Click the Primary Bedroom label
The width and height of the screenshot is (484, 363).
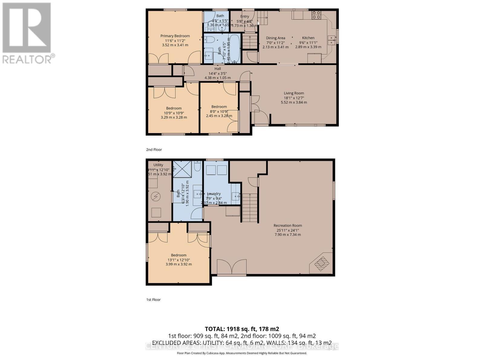pos(175,36)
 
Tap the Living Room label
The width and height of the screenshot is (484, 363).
pos(294,93)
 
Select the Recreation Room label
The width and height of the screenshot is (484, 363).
pos(288,225)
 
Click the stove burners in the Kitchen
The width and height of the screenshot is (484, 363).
pos(316,15)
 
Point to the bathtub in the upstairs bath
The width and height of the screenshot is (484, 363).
pos(234,48)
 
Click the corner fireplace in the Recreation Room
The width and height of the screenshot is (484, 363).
pos(322,263)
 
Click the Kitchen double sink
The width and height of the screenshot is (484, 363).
pos(332,40)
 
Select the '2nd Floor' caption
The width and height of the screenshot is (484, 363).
pos(154,149)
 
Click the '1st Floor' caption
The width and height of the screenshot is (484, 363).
pos(153,299)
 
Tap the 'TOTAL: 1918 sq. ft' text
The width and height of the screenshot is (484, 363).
pos(242,329)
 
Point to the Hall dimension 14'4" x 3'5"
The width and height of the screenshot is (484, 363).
pos(217,73)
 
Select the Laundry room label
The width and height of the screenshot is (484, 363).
pos(214,194)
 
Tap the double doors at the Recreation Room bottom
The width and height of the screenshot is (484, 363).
pos(232,267)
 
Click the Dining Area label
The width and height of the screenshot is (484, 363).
pos(275,38)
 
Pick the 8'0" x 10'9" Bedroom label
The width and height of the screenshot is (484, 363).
pos(219,106)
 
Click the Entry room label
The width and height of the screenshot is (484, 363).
pos(244,16)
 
